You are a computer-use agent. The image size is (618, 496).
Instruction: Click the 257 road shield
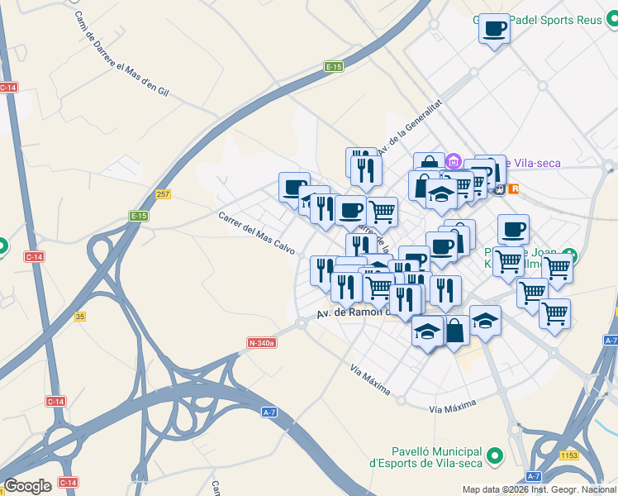[163, 194]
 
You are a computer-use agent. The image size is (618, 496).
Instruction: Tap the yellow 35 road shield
[80, 317]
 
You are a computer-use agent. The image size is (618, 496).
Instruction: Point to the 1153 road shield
[568, 455]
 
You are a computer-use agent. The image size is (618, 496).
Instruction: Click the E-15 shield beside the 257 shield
[138, 216]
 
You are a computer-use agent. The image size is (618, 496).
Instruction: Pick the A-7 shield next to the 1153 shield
[535, 475]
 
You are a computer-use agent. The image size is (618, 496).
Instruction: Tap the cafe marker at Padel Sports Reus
[494, 29]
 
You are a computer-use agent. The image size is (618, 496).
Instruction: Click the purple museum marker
[454, 160]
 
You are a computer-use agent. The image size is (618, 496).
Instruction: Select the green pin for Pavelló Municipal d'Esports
[495, 455]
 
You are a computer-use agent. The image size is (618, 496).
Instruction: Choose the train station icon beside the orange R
[499, 188]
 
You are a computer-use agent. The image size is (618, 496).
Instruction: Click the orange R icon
[516, 189]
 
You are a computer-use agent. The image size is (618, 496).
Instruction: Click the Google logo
[27, 485]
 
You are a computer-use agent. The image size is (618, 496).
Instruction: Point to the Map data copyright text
[539, 489]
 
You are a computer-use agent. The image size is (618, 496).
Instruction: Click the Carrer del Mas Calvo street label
[256, 233]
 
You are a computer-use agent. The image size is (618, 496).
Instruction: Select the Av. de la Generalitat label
[410, 129]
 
